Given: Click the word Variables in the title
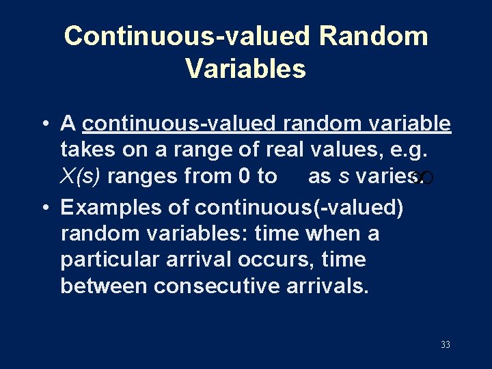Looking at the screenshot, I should tap(245, 68).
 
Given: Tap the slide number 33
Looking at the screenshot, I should tap(445, 345).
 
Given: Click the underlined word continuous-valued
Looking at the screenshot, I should tap(179, 124).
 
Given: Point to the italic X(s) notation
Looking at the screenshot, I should tap(81, 176).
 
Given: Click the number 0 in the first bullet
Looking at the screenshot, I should tap(245, 176).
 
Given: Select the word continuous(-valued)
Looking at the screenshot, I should tap(299, 208).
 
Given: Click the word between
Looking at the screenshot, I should tap(104, 286).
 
